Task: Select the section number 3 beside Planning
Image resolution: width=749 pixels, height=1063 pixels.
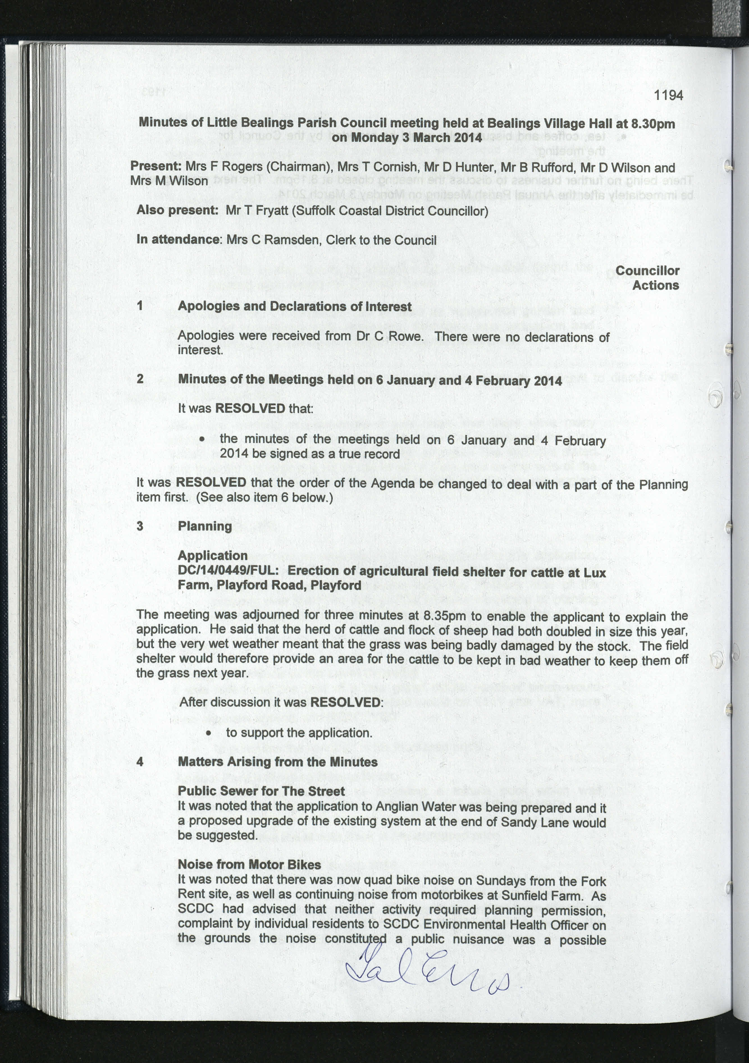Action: (140, 526)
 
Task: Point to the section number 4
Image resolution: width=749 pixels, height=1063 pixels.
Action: (140, 762)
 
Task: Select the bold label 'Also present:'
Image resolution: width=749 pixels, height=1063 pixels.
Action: (177, 210)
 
